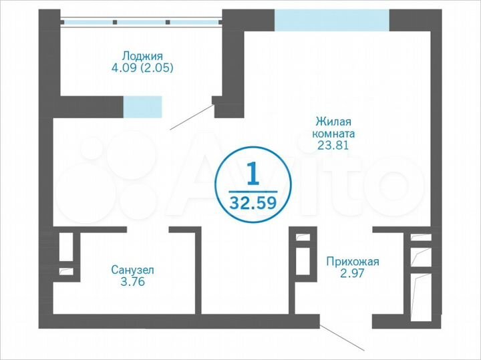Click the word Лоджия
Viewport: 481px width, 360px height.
pos(143,56)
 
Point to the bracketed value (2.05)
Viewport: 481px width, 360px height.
pos(158,67)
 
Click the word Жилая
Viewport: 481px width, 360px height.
pos(333,122)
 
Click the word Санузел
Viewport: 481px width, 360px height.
pos(133,271)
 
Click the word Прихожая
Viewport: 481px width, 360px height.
pos(352,261)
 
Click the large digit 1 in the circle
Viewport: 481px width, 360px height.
pos(253,174)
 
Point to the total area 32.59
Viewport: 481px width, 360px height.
pos(253,201)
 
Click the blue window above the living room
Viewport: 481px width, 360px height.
pos(332,21)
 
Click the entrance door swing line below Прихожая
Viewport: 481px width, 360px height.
pos(341,337)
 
